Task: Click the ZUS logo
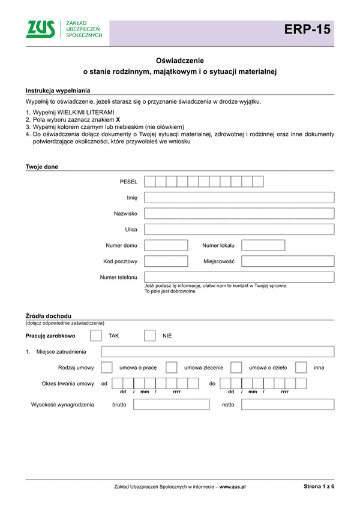pyautogui.click(x=63, y=29)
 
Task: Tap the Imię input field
pyautogui.click(x=239, y=197)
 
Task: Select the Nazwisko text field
pyautogui.click(x=239, y=213)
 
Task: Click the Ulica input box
pyautogui.click(x=239, y=229)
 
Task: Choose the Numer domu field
pyautogui.click(x=166, y=245)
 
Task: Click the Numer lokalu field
pyautogui.click(x=263, y=245)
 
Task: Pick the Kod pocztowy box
pyautogui.click(x=166, y=261)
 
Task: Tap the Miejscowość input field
pyautogui.click(x=287, y=261)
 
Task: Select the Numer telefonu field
pyautogui.click(x=239, y=277)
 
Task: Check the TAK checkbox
pyautogui.click(x=95, y=336)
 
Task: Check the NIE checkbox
pyautogui.click(x=150, y=336)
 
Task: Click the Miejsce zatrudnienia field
pyautogui.click(x=217, y=351)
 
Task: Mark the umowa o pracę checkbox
pyautogui.click(x=107, y=368)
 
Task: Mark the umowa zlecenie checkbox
pyautogui.click(x=172, y=368)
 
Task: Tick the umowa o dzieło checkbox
pyautogui.click(x=236, y=368)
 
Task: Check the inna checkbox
pyautogui.click(x=301, y=368)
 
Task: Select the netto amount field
pyautogui.click(x=287, y=405)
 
